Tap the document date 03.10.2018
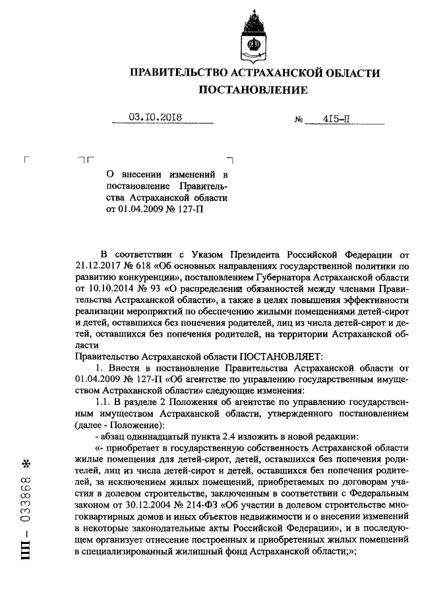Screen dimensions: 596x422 tap(155, 118)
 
